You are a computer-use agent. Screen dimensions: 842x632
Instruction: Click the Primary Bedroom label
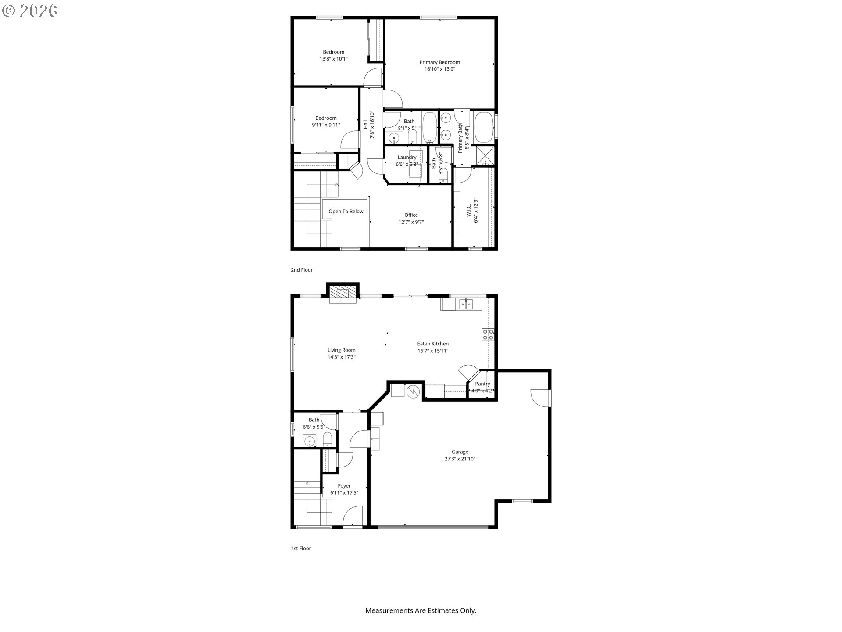[439, 62]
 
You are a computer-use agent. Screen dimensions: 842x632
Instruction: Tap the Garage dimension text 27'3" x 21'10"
[460, 459]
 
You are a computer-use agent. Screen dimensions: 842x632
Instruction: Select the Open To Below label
[346, 212]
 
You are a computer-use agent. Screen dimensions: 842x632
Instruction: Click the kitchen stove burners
[488, 334]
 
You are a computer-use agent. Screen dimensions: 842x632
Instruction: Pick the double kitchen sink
[466, 304]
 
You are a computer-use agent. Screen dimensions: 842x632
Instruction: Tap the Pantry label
[482, 384]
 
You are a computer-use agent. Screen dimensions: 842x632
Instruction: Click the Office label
[411, 215]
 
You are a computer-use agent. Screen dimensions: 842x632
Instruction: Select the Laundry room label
[407, 158]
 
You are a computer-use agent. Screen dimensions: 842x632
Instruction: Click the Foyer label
[344, 486]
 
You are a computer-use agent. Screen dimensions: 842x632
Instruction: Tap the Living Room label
[342, 350]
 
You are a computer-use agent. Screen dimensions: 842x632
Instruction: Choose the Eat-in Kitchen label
[433, 344]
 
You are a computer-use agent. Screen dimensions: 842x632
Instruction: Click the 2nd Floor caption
[302, 270]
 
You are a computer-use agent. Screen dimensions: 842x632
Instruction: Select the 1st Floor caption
[301, 549]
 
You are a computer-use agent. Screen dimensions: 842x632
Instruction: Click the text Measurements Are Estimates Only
[421, 610]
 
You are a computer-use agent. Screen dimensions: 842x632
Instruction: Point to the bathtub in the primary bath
[484, 128]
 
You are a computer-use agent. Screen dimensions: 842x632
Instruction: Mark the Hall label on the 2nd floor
[365, 125]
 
